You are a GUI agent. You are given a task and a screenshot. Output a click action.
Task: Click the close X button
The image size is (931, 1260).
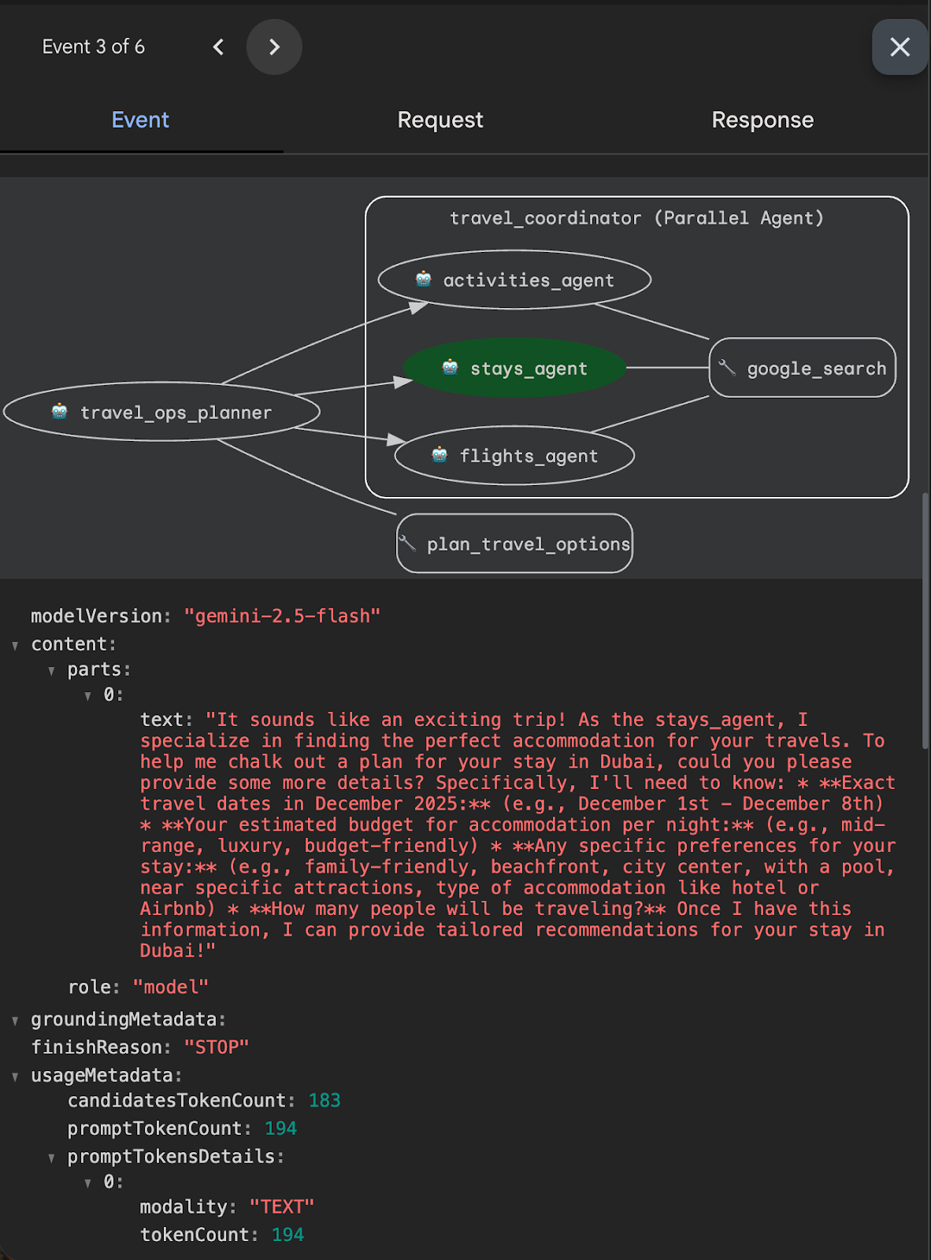coord(899,47)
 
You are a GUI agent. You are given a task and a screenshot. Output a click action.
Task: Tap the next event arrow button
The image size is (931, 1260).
coord(274,47)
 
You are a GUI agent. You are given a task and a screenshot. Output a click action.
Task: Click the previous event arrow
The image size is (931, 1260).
coord(218,47)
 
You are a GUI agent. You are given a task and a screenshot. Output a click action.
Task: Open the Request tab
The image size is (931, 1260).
coord(440,120)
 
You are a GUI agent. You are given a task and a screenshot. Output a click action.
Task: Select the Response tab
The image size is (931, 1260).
coord(762,120)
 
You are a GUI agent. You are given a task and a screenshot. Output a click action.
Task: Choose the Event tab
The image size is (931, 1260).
coord(140,120)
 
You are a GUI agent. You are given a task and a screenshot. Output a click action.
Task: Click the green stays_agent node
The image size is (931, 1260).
coord(515,368)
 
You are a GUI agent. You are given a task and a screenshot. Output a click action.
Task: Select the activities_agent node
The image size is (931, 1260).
coord(515,280)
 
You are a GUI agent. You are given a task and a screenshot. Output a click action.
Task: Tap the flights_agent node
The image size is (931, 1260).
coord(515,456)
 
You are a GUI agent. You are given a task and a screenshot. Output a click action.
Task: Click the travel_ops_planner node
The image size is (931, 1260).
coord(162,412)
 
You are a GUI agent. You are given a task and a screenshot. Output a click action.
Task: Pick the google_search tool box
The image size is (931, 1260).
coord(803,368)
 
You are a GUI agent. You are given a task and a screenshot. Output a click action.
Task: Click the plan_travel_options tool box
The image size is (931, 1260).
coord(515,544)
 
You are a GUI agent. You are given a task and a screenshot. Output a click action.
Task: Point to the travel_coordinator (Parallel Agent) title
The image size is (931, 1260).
coord(636,218)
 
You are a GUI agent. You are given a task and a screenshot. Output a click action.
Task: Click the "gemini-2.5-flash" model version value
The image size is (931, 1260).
coord(282,616)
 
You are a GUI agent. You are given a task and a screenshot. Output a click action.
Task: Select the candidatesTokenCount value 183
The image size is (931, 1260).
coord(325,1100)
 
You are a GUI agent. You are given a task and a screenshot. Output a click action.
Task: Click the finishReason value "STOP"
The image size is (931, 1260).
coord(217,1047)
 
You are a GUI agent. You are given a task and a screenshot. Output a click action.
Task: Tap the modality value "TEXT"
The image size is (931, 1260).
coord(282,1206)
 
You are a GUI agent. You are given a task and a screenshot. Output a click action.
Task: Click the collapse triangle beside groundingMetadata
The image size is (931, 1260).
coord(15,1021)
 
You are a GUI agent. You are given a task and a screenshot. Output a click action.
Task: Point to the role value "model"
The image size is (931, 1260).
coord(170,987)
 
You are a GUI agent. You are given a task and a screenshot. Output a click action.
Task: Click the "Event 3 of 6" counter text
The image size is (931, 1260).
coord(94,47)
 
